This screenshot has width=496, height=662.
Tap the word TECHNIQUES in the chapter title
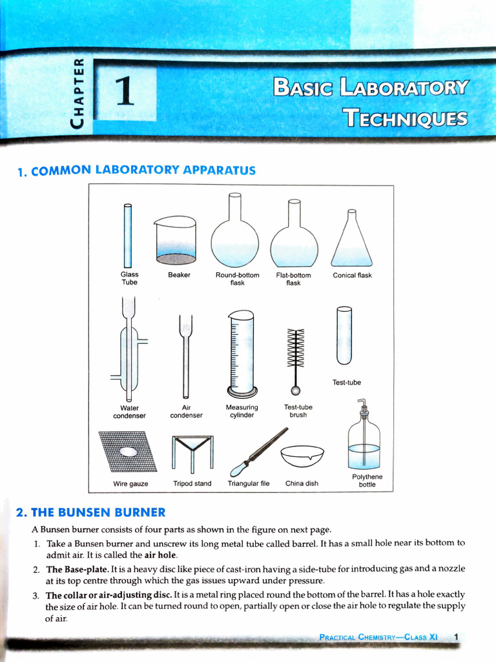406,118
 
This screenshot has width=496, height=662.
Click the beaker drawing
176,242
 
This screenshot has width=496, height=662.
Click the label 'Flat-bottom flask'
293,279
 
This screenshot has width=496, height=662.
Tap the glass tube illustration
128,236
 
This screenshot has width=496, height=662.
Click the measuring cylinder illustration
242,354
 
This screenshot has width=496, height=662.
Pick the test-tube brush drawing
296,359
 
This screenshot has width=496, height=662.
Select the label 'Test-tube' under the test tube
347,382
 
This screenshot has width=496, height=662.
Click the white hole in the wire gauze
129,452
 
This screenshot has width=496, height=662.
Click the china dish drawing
302,455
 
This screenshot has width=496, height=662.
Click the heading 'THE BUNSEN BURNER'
91,513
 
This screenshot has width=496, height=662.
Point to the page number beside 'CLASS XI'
456,637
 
